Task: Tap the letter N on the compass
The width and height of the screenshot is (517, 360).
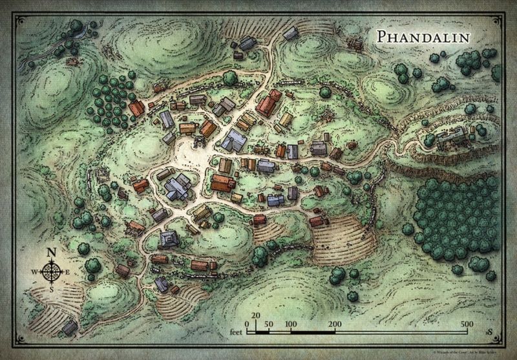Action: [x=51, y=252]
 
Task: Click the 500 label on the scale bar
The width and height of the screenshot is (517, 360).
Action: [x=467, y=323]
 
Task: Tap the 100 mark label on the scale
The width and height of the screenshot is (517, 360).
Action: [x=291, y=323]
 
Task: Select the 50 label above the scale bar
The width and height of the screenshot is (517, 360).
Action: [x=269, y=323]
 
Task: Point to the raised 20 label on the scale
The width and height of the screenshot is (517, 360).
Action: [x=256, y=316]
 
